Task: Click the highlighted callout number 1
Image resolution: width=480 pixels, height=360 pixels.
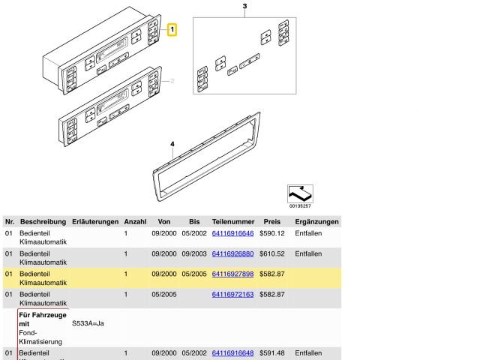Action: [172, 30]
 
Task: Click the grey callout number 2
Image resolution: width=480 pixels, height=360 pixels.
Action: [172, 81]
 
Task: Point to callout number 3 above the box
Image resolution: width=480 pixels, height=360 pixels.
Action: [244, 7]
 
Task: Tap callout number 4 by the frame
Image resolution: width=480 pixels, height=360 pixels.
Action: [172, 144]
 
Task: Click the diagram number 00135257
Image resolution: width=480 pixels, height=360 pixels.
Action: [299, 205]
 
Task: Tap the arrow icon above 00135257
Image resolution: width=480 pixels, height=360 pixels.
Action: [300, 193]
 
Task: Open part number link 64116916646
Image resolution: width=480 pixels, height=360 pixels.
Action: [233, 233]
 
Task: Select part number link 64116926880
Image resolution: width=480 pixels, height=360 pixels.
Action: [233, 253]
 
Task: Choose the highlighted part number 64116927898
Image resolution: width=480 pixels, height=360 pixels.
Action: [233, 274]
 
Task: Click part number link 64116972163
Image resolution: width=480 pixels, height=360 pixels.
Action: [233, 294]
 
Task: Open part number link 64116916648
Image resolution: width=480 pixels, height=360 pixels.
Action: [233, 352]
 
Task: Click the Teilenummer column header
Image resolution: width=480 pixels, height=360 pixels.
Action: [233, 222]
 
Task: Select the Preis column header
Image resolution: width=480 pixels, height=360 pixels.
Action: [271, 222]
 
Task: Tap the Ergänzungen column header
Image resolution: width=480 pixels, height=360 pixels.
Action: [317, 222]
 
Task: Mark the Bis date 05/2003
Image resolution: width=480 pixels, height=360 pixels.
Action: [194, 253]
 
